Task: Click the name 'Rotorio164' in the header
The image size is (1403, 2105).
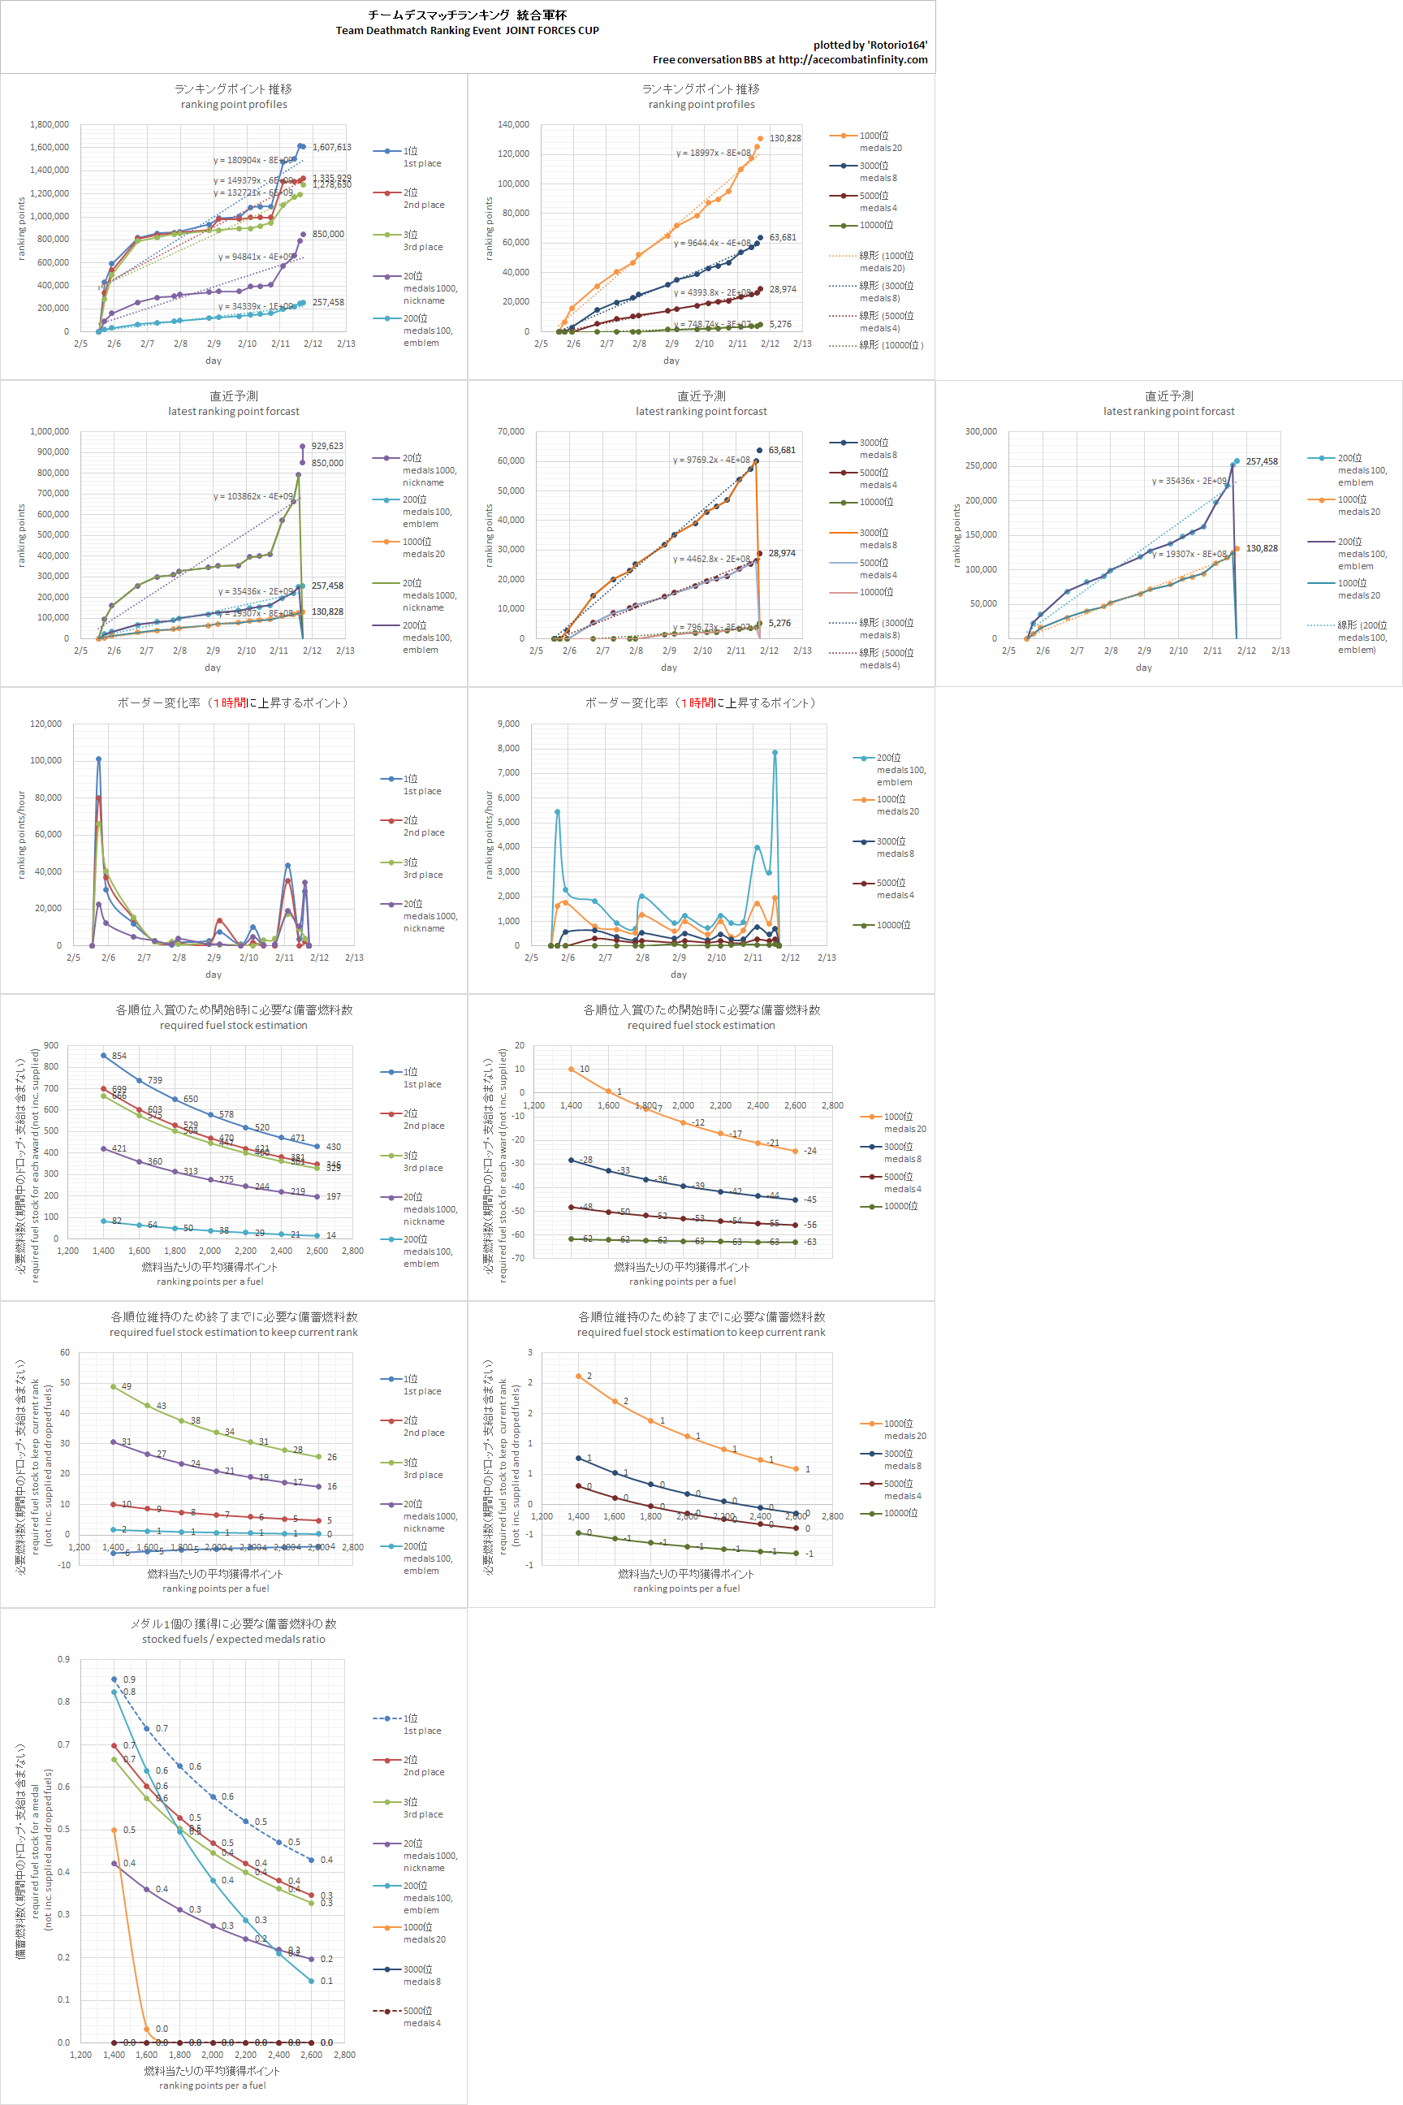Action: pos(896,45)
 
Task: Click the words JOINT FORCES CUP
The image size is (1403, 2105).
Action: pos(552,30)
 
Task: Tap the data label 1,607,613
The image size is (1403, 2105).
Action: pos(332,147)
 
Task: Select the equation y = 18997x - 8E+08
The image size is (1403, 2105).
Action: pos(713,153)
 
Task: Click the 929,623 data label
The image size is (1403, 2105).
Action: pos(327,446)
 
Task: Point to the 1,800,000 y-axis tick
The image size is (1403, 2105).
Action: pos(50,124)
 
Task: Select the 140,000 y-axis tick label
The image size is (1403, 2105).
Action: pos(514,124)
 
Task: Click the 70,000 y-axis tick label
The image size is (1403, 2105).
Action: pos(511,431)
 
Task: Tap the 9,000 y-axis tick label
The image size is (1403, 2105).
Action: pos(508,724)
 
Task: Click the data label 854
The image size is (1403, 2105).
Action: pos(119,1056)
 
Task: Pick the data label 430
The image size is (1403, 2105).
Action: pos(333,1147)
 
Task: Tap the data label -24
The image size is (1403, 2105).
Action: pos(809,1151)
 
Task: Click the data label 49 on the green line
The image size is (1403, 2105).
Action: pos(126,1386)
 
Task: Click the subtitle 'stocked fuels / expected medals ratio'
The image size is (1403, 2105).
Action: pos(234,1640)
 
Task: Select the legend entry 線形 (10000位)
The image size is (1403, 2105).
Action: pos(891,345)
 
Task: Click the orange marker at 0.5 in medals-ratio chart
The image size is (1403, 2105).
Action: pos(114,1831)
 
